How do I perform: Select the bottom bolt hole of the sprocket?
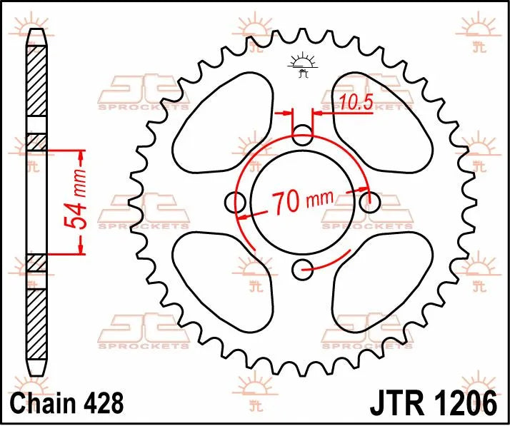click(304, 268)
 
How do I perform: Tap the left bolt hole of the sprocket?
click(235, 202)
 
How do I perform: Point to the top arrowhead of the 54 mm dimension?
click(81, 154)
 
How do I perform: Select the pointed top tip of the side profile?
click(36, 33)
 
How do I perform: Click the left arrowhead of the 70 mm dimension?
click(244, 215)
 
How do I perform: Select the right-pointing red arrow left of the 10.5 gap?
click(288, 112)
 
